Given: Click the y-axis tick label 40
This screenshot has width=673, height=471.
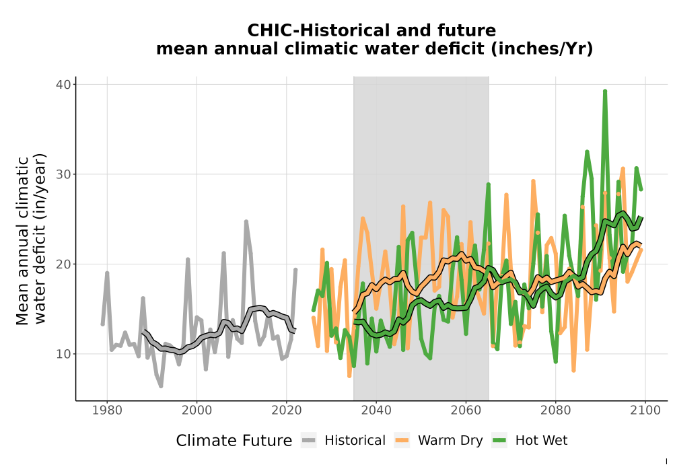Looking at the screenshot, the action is click(x=63, y=85).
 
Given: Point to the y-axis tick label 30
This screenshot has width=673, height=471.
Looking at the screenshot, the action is click(x=63, y=174).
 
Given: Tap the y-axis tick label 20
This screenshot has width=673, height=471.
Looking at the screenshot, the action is click(x=63, y=264).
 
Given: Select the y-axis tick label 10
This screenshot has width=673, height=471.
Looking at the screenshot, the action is click(x=63, y=354).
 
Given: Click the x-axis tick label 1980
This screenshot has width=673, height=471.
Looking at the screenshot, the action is click(x=107, y=410).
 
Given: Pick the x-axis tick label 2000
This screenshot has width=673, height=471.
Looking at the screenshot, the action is click(x=197, y=410).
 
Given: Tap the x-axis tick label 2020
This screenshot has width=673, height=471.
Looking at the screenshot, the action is click(x=287, y=410).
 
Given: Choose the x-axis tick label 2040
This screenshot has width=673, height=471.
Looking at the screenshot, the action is click(x=376, y=410).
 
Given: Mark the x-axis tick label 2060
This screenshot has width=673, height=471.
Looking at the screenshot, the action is click(x=466, y=410).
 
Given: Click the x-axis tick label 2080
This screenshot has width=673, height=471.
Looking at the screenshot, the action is click(x=555, y=410).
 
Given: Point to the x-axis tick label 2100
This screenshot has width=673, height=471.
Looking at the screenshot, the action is click(x=645, y=410).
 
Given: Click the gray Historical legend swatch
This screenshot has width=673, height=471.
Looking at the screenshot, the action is click(x=309, y=441).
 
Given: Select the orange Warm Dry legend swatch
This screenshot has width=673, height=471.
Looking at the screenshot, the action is click(x=402, y=441).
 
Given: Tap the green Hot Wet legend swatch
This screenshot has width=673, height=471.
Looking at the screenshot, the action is click(x=499, y=441).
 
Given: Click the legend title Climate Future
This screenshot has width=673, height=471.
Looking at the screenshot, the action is click(x=234, y=441).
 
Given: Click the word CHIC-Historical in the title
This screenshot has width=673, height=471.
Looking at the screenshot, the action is click(x=318, y=30).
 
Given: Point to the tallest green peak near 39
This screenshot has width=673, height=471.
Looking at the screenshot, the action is click(x=605, y=92).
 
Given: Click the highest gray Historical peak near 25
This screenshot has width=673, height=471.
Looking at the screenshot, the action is click(x=246, y=221).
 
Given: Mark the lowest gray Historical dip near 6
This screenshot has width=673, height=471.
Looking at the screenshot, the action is click(x=161, y=386).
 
